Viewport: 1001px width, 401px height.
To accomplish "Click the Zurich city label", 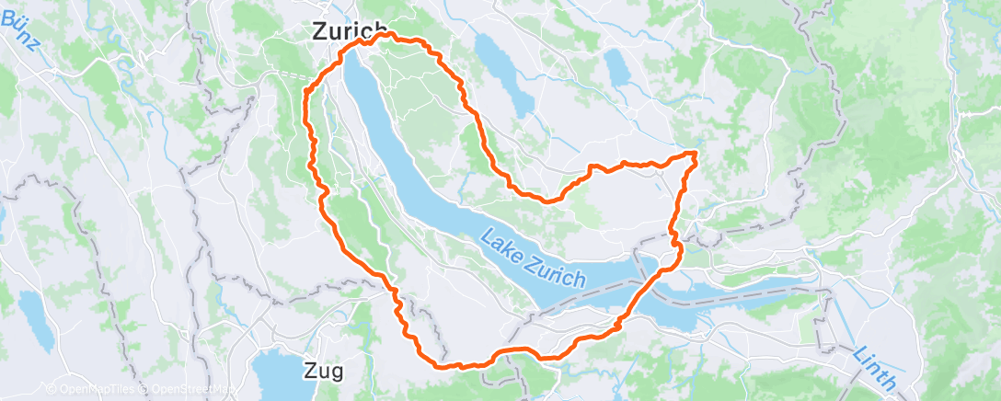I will [x=346, y=31].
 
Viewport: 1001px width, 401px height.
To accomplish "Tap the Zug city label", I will [x=323, y=372].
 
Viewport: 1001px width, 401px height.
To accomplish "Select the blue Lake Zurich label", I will [x=532, y=258].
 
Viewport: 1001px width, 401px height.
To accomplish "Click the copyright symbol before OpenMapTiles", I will [x=52, y=390].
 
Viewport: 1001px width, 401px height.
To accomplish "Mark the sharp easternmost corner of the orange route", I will [x=696, y=153].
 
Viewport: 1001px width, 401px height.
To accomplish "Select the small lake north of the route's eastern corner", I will [x=616, y=68].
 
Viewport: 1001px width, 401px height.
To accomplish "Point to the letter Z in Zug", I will [x=309, y=372].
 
